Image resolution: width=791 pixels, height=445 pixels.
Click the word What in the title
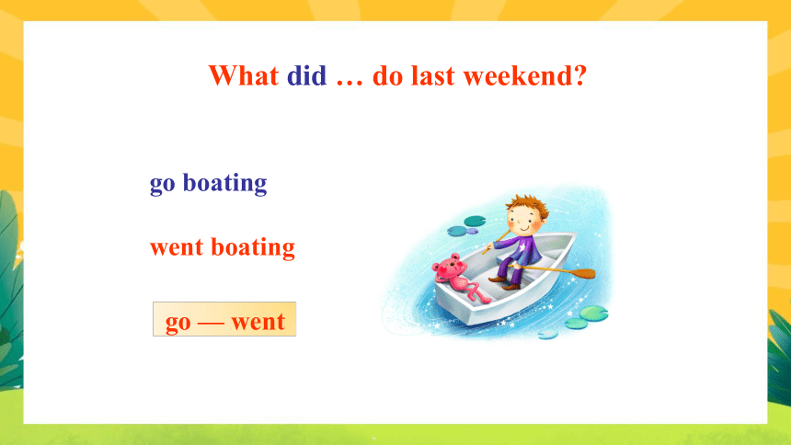click(244, 76)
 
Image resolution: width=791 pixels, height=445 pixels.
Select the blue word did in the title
click(306, 75)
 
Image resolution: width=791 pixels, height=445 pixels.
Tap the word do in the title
click(387, 75)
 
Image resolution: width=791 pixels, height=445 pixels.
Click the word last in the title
click(433, 75)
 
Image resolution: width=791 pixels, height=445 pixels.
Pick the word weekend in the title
click(518, 75)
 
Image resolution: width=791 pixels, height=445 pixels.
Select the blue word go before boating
click(163, 185)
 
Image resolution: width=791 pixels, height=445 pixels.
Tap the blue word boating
click(224, 183)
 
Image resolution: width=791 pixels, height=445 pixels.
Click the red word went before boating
click(177, 248)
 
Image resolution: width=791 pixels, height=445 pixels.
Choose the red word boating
click(253, 247)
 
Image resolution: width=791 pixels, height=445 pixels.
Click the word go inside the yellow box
click(178, 323)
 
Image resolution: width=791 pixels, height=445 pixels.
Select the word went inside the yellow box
click(258, 322)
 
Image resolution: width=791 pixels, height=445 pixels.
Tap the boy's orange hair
click(527, 205)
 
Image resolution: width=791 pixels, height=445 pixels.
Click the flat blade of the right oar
click(581, 274)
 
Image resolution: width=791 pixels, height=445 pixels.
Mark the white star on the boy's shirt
click(533, 248)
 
